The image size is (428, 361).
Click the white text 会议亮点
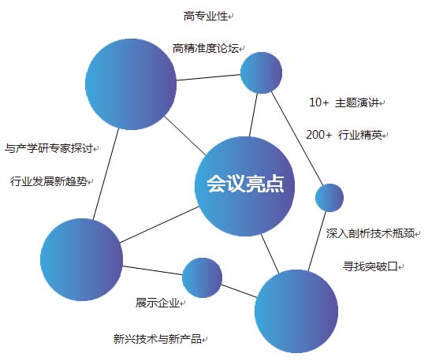[245, 184]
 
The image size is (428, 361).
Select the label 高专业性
[205, 16]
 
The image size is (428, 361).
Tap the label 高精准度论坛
[205, 48]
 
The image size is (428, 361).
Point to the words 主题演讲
[357, 103]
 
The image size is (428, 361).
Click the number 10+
[318, 102]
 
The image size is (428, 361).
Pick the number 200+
[318, 135]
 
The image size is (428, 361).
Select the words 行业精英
[360, 135]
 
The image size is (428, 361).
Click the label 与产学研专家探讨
[49, 148]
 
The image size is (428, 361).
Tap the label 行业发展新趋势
[49, 181]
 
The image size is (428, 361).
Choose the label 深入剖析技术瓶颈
[370, 233]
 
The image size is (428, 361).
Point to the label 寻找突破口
[370, 266]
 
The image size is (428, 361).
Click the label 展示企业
[157, 303]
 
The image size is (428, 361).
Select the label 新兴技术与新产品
[157, 339]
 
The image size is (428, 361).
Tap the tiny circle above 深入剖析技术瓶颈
[329, 198]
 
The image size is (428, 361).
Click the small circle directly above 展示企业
[202, 277]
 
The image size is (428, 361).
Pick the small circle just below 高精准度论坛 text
[261, 73]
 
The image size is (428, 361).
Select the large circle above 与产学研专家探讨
[131, 84]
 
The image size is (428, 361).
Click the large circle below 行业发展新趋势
[81, 259]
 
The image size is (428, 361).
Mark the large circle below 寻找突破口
[296, 311]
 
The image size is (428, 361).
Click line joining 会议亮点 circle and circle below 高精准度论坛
[253, 115]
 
